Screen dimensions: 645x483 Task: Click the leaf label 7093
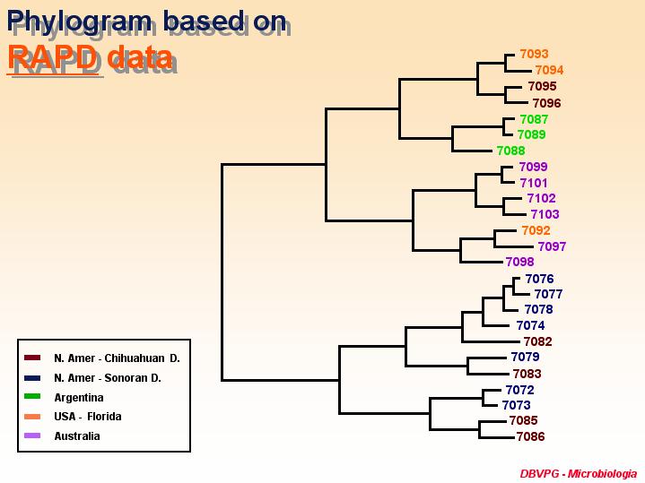[x=534, y=54]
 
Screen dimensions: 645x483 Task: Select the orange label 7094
[x=549, y=70]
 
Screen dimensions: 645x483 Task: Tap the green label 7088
[x=511, y=151]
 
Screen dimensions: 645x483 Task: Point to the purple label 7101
[x=534, y=183]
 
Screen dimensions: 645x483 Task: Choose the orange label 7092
[x=536, y=230]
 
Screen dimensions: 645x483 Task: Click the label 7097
[x=552, y=246]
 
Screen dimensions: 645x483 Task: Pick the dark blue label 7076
[x=540, y=279]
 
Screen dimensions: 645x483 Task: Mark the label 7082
[x=538, y=341]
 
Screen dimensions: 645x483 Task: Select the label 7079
[x=526, y=357]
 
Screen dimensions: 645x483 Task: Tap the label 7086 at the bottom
[x=531, y=436]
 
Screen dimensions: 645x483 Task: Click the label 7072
[x=520, y=390]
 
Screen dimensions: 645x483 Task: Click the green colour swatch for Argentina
[x=32, y=397]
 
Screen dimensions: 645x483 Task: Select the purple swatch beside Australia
[x=32, y=436]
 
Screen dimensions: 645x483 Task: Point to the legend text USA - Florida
[x=88, y=417]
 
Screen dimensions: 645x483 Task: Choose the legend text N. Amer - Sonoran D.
[x=108, y=378]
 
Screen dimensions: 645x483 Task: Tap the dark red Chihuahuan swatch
[x=32, y=358]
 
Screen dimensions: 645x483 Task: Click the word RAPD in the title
[x=53, y=57]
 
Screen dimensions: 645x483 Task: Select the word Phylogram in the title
[x=79, y=22]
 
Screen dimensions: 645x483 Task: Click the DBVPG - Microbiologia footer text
[x=579, y=473]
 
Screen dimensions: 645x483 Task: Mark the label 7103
[x=545, y=214]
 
